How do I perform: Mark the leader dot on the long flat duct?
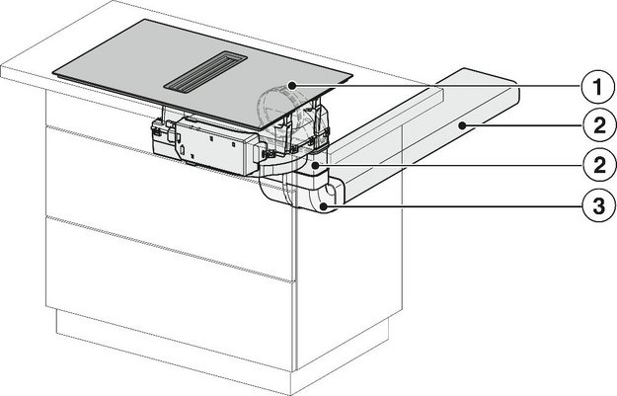[461, 125]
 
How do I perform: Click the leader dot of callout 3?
[323, 206]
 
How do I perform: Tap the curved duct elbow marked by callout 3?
[314, 198]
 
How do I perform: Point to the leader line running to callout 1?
[434, 87]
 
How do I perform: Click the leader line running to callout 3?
[454, 206]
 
